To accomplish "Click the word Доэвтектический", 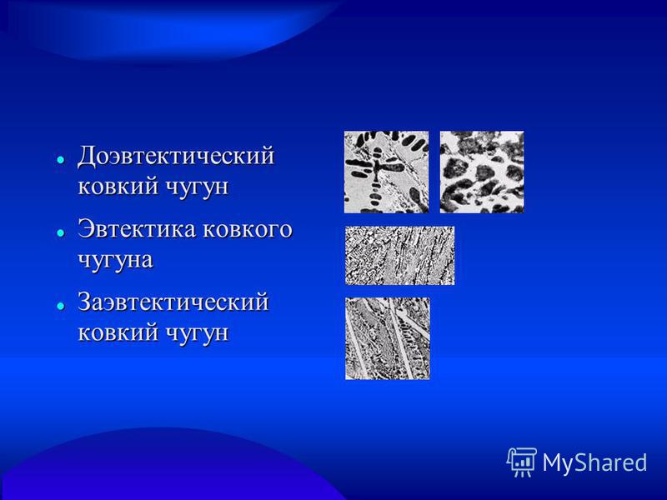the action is (176, 156).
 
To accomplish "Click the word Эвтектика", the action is (137, 229).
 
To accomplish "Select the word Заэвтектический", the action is (173, 302).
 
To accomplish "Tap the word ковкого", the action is (248, 230).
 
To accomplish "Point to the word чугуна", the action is (115, 260).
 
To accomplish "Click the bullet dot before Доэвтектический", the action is (61, 160).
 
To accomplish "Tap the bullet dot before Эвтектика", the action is (61, 233).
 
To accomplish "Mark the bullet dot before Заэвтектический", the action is (61, 306).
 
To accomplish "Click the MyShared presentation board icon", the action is (522, 462).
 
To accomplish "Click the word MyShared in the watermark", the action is (594, 462).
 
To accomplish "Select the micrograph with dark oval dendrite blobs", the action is (386, 172).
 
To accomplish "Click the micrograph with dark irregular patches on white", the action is (482, 172).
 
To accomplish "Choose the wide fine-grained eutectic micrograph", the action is (400, 256).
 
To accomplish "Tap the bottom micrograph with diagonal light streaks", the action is (388, 338).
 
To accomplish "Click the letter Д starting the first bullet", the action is (87, 157).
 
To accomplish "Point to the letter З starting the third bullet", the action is (84, 302).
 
